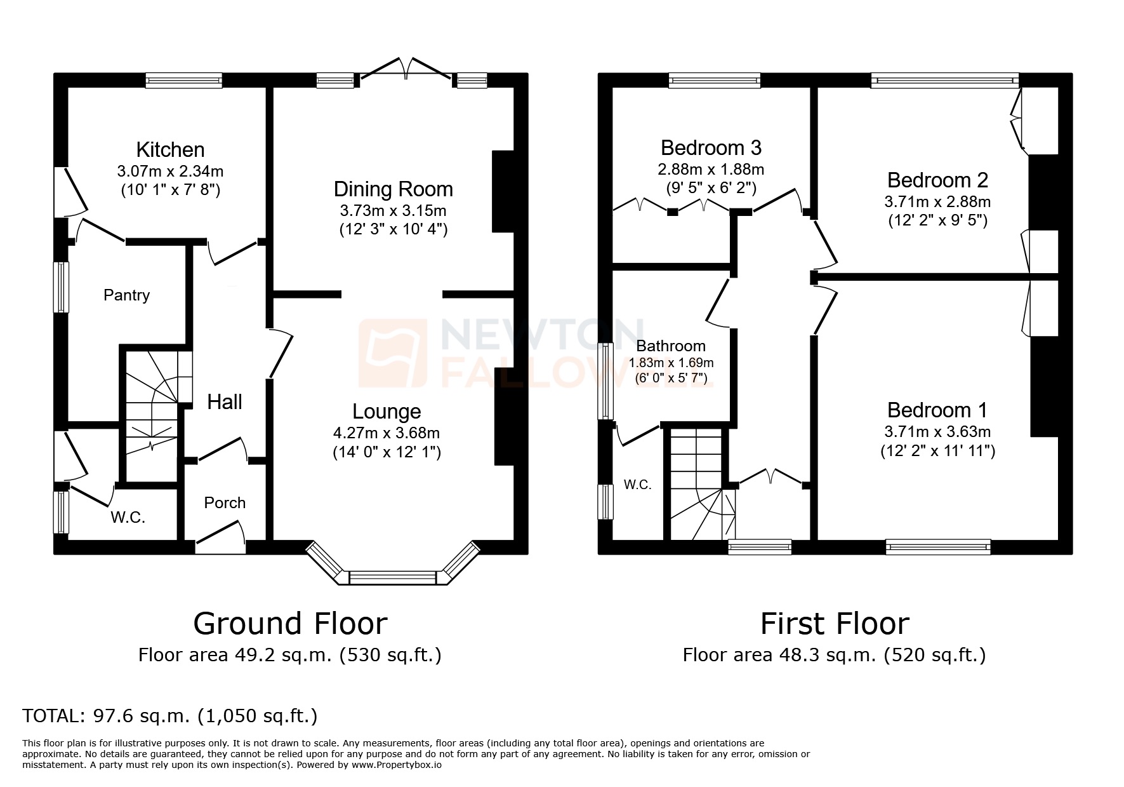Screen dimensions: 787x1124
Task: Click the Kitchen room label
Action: click(x=170, y=150)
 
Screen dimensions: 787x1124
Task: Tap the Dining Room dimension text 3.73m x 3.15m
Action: click(x=393, y=210)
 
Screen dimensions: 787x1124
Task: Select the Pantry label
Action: click(x=126, y=295)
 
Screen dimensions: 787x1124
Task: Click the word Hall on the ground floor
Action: click(x=225, y=402)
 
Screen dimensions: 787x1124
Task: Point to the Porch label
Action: click(x=225, y=503)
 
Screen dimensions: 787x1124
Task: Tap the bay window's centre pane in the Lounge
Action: click(x=393, y=577)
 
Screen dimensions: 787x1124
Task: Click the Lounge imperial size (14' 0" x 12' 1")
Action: click(x=387, y=452)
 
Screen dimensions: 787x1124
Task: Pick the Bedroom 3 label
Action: click(x=711, y=148)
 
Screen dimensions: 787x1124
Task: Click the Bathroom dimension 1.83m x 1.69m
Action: click(x=671, y=363)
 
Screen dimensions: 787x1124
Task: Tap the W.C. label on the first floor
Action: click(x=637, y=485)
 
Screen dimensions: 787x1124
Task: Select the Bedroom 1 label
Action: click(x=937, y=410)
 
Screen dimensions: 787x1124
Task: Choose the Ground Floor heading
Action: click(x=290, y=624)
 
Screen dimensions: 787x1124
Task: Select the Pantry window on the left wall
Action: click(x=61, y=287)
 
